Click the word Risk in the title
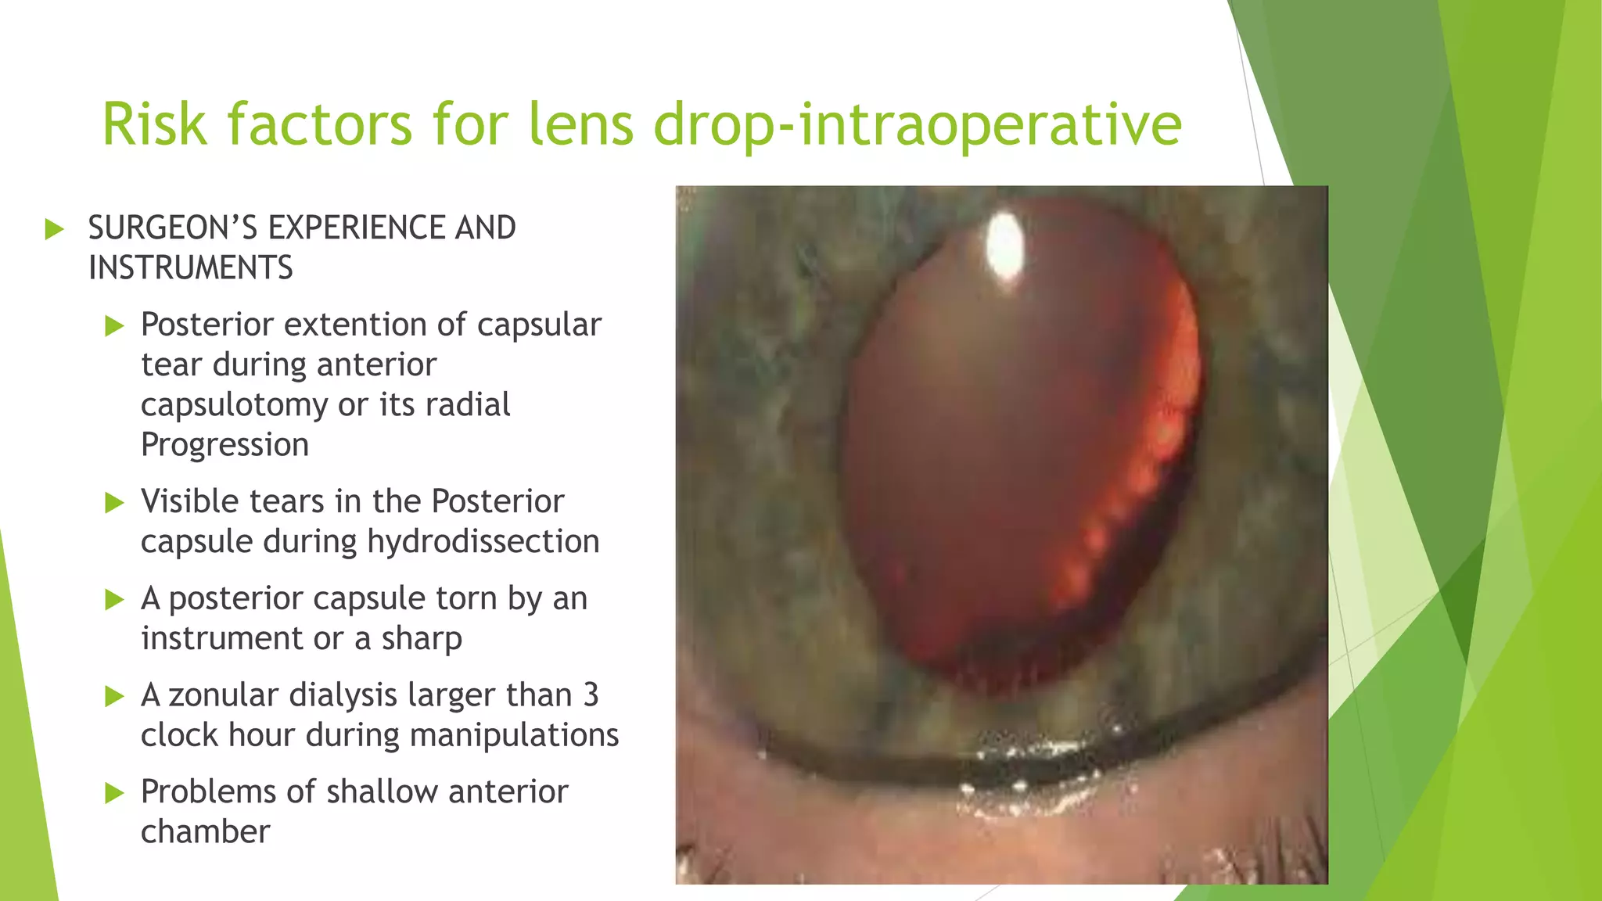point(155,124)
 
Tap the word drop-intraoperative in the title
point(917,125)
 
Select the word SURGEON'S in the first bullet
point(173,228)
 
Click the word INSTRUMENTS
point(190,268)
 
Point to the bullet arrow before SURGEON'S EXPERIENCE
point(54,229)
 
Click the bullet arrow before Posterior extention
point(115,325)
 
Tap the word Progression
point(224,445)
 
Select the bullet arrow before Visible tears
point(115,502)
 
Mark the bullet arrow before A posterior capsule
point(115,600)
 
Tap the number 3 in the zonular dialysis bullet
point(591,695)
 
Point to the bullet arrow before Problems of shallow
point(115,793)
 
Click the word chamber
point(205,832)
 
